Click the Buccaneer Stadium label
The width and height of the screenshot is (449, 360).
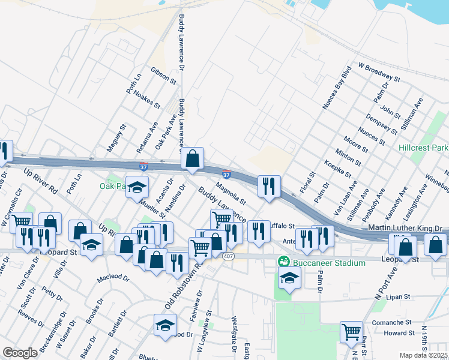pyautogui.click(x=329, y=263)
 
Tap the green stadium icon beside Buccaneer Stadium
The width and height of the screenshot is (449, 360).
pyautogui.click(x=284, y=263)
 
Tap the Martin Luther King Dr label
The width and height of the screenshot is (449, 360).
pyautogui.click(x=405, y=229)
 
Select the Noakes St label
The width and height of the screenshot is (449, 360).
pyautogui.click(x=147, y=99)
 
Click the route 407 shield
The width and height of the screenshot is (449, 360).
pyautogui.click(x=228, y=256)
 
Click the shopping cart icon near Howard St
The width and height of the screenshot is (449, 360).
pyautogui.click(x=351, y=332)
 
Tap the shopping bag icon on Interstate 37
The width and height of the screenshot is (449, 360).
pyautogui.click(x=192, y=159)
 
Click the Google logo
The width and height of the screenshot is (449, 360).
pyautogui.click(x=20, y=353)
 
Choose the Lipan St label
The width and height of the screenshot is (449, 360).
pyautogui.click(x=398, y=296)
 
